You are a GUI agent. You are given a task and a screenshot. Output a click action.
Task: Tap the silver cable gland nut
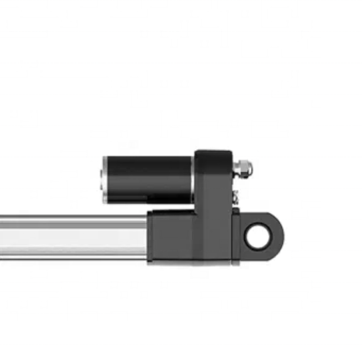coord(244,167)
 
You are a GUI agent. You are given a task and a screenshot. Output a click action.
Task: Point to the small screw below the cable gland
coord(236,197)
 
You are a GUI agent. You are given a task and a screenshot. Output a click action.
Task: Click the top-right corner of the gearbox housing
coord(233,152)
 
